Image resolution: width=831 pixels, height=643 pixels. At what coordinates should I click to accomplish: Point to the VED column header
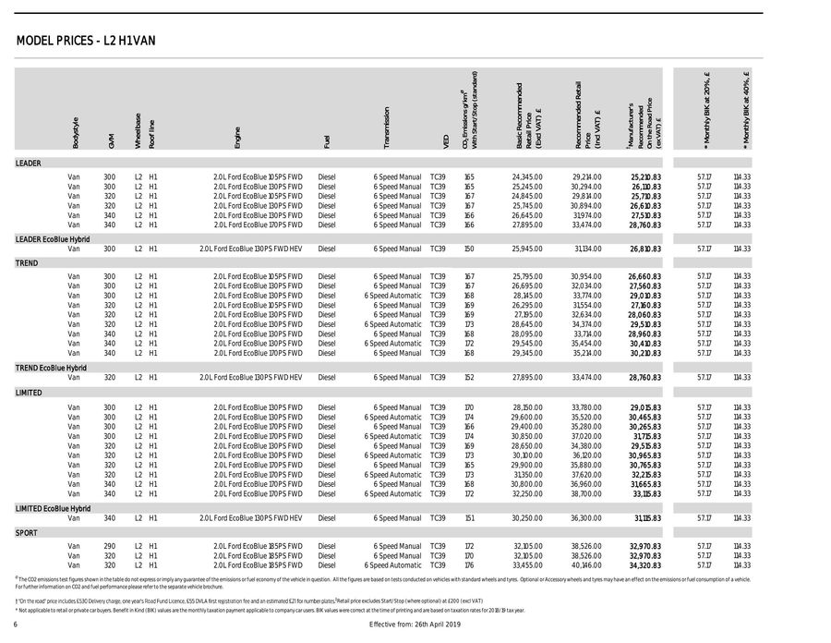446,140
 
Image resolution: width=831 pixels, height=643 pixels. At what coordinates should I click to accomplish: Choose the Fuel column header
327,141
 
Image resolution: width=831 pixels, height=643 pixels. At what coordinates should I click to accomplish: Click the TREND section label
26,263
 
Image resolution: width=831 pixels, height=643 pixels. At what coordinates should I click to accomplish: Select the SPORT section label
26,533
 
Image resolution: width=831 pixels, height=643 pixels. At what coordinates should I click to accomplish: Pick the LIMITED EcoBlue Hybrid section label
53,509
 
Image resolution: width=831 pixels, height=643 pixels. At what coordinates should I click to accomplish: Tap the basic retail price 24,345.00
526,176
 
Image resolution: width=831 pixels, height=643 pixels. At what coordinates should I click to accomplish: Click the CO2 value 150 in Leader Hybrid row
469,249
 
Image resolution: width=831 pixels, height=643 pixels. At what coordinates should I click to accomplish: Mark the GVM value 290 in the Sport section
109,547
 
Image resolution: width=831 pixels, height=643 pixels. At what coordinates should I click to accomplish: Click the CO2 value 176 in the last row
469,565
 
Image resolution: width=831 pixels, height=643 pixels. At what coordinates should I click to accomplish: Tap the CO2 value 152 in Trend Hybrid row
469,377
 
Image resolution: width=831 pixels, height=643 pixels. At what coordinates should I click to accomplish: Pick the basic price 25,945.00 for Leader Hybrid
526,249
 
